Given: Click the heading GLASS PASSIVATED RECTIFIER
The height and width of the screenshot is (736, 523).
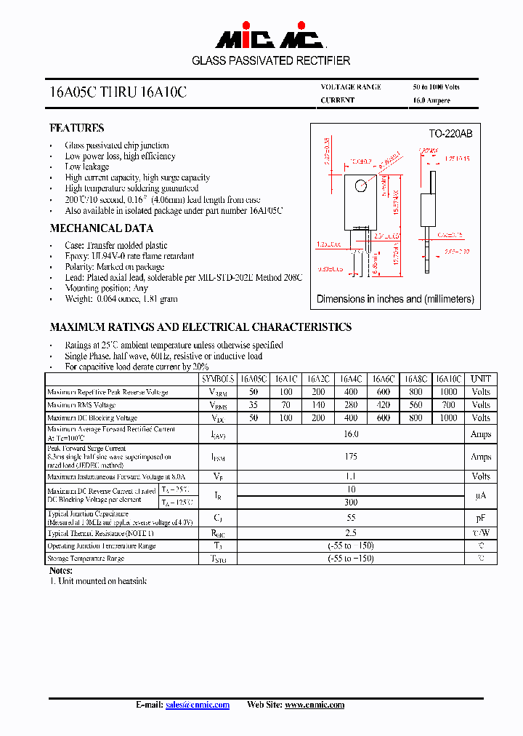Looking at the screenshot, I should click(271, 61).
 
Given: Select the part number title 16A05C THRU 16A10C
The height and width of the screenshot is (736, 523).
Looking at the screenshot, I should click(118, 93).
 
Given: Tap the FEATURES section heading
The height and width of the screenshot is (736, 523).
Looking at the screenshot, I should click(77, 128).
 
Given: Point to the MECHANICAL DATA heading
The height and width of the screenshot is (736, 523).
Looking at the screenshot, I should click(101, 228).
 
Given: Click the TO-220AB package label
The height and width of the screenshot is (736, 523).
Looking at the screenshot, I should click(450, 134).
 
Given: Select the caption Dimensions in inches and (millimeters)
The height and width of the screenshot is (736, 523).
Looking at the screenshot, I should click(395, 299).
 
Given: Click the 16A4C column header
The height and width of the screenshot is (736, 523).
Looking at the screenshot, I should click(351, 379).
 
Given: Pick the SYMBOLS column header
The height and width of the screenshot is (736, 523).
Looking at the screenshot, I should click(218, 379).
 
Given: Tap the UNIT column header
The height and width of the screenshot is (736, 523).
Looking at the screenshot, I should click(481, 379).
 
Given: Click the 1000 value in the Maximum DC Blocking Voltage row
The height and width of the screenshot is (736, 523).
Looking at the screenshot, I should click(448, 418).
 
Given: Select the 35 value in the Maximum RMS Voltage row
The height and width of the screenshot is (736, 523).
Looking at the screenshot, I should click(254, 405).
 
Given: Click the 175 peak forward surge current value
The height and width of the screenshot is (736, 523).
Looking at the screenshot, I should click(351, 457).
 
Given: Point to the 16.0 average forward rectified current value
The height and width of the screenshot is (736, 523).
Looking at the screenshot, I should click(351, 434).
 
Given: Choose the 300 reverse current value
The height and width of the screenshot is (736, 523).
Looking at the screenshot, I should click(351, 503).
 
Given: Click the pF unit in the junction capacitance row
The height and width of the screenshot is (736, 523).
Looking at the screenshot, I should click(481, 519).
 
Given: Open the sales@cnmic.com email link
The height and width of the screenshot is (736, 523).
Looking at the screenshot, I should click(198, 705).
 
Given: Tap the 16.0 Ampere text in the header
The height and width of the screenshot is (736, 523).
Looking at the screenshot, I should click(431, 100).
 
